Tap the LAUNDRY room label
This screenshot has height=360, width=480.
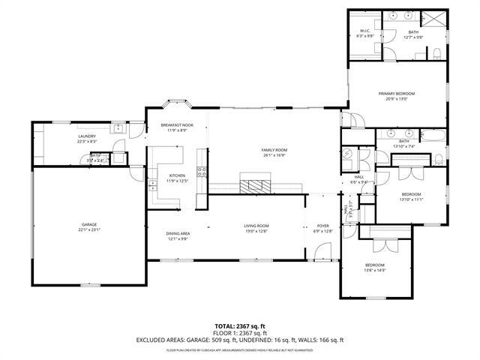[x=87, y=136]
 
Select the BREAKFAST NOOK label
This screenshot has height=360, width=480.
[x=177, y=124]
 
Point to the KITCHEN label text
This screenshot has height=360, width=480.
[x=177, y=176]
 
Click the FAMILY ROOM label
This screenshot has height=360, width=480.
[x=274, y=150]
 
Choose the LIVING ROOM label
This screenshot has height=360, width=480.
[x=256, y=226]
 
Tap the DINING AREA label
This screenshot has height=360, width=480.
[x=178, y=233]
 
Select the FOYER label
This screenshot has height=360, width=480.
[x=322, y=226]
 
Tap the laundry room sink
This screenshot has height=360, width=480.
[x=118, y=129]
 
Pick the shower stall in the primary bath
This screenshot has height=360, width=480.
[x=433, y=19]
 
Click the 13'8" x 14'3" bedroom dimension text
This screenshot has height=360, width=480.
[x=374, y=270]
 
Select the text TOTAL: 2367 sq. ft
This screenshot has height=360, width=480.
[x=239, y=326]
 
